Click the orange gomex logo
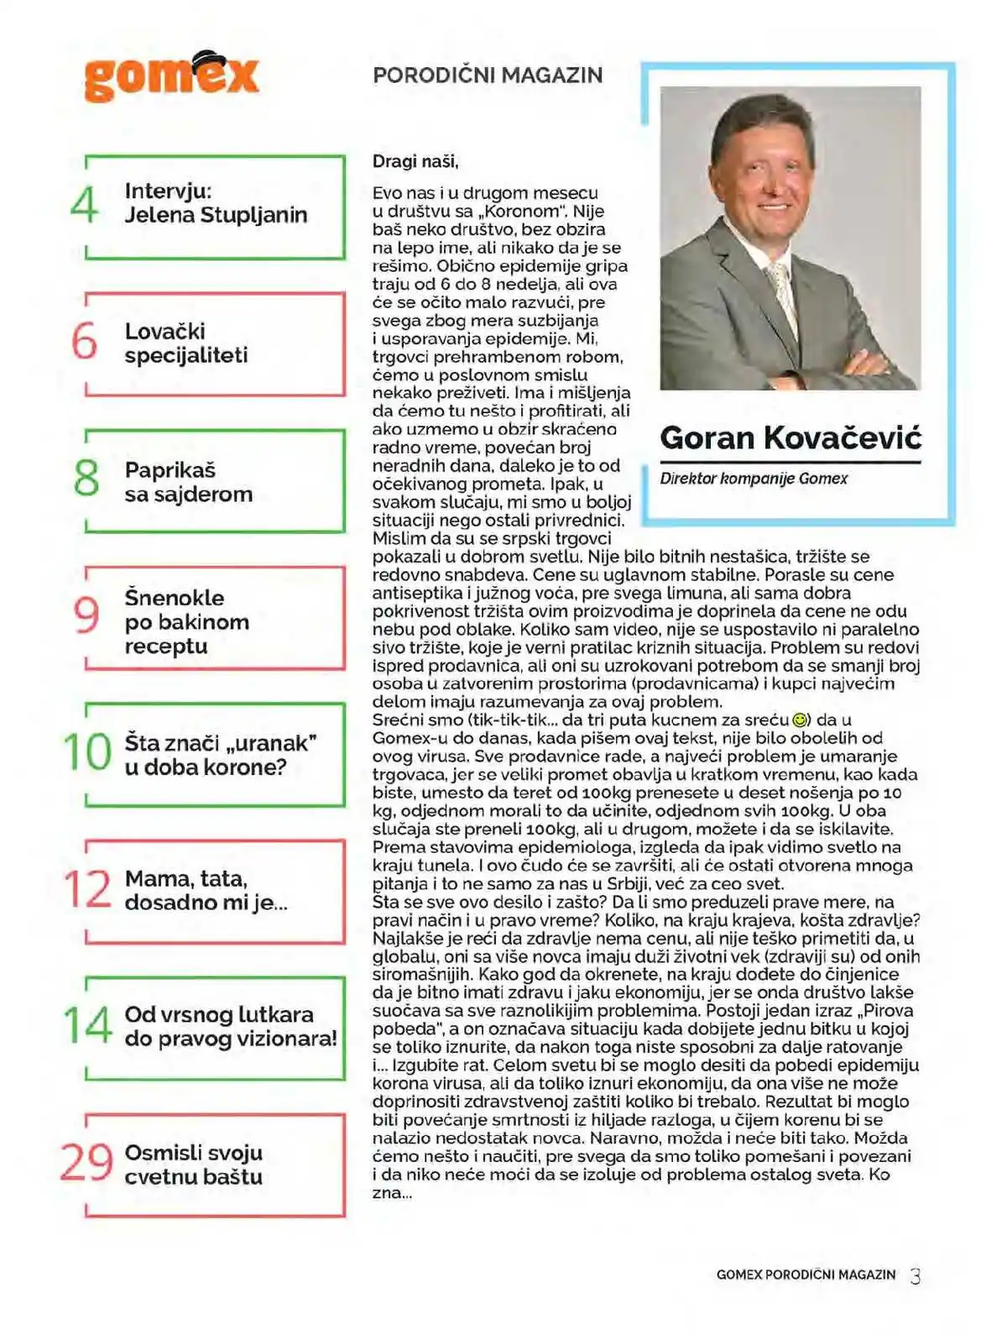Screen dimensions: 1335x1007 [x=171, y=77]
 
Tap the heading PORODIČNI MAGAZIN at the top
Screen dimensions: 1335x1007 [x=488, y=75]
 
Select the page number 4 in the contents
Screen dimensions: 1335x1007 [x=85, y=204]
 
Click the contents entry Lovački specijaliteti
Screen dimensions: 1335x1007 [x=186, y=343]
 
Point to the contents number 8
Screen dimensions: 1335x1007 [x=86, y=478]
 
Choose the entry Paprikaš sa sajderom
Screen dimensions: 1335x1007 [x=189, y=482]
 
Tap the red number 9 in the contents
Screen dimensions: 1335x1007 [x=86, y=615]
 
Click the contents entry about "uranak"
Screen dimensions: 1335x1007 [x=220, y=755]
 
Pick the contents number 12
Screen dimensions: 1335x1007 [x=86, y=889]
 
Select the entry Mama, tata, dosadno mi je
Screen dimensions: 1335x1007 [x=206, y=891]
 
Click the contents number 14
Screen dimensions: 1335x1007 [x=87, y=1025]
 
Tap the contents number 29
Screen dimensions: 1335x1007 [x=86, y=1163]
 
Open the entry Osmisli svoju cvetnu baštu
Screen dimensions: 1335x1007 [x=194, y=1165]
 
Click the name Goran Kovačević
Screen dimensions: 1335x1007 [x=790, y=437]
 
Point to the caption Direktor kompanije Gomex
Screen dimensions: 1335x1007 [x=754, y=479]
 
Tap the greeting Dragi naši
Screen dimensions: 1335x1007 [x=415, y=161]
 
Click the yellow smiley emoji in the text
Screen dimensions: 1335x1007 [x=800, y=720]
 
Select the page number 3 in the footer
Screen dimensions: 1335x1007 [x=916, y=1276]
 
